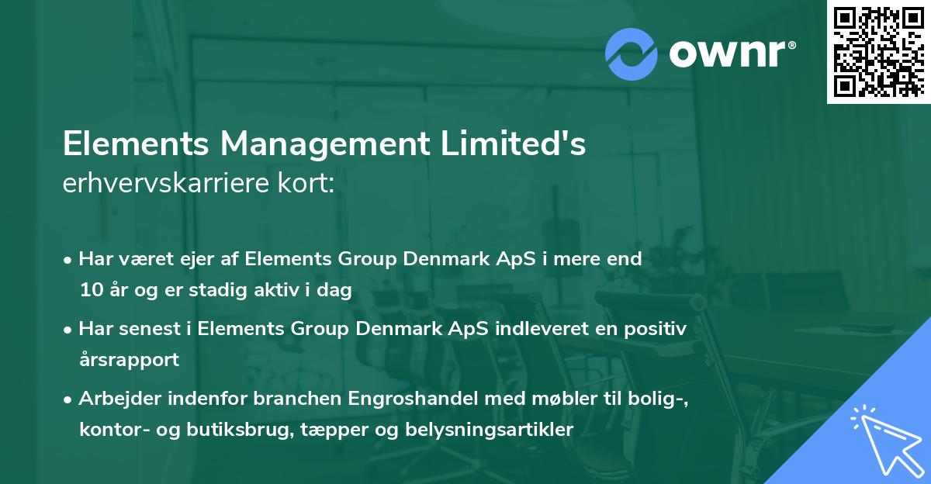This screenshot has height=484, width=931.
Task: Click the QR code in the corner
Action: (x=879, y=51)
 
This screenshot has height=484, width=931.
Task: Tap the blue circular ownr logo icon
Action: (x=632, y=54)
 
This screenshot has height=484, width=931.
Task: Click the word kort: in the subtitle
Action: (x=310, y=184)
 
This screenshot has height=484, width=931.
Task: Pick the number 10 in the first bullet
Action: (x=91, y=291)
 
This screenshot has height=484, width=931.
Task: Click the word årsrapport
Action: (x=129, y=360)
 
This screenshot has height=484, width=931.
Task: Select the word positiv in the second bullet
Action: (x=658, y=328)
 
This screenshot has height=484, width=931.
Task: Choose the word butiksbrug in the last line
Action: (x=269, y=430)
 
